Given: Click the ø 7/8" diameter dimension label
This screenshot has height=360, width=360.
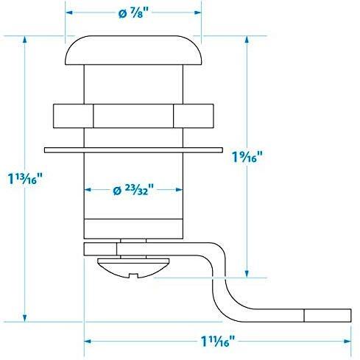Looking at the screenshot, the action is [x=134, y=13].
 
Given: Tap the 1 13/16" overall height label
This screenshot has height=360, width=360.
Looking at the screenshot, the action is [x=25, y=178].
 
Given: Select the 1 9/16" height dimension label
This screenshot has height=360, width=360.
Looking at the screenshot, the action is [x=247, y=157].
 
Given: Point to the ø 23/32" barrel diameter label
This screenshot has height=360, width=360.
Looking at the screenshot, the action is [x=133, y=190].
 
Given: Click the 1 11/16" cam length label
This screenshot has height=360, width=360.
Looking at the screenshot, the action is [x=218, y=341].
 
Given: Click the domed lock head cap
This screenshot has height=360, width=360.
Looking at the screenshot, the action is [x=133, y=50].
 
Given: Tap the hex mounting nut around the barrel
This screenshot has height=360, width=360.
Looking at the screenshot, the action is [x=133, y=116].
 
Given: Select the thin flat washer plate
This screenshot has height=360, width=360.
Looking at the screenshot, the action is [x=133, y=150].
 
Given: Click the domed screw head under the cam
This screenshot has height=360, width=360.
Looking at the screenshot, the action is [x=133, y=268].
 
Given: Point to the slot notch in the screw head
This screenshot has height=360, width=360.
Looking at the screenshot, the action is [x=133, y=275].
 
